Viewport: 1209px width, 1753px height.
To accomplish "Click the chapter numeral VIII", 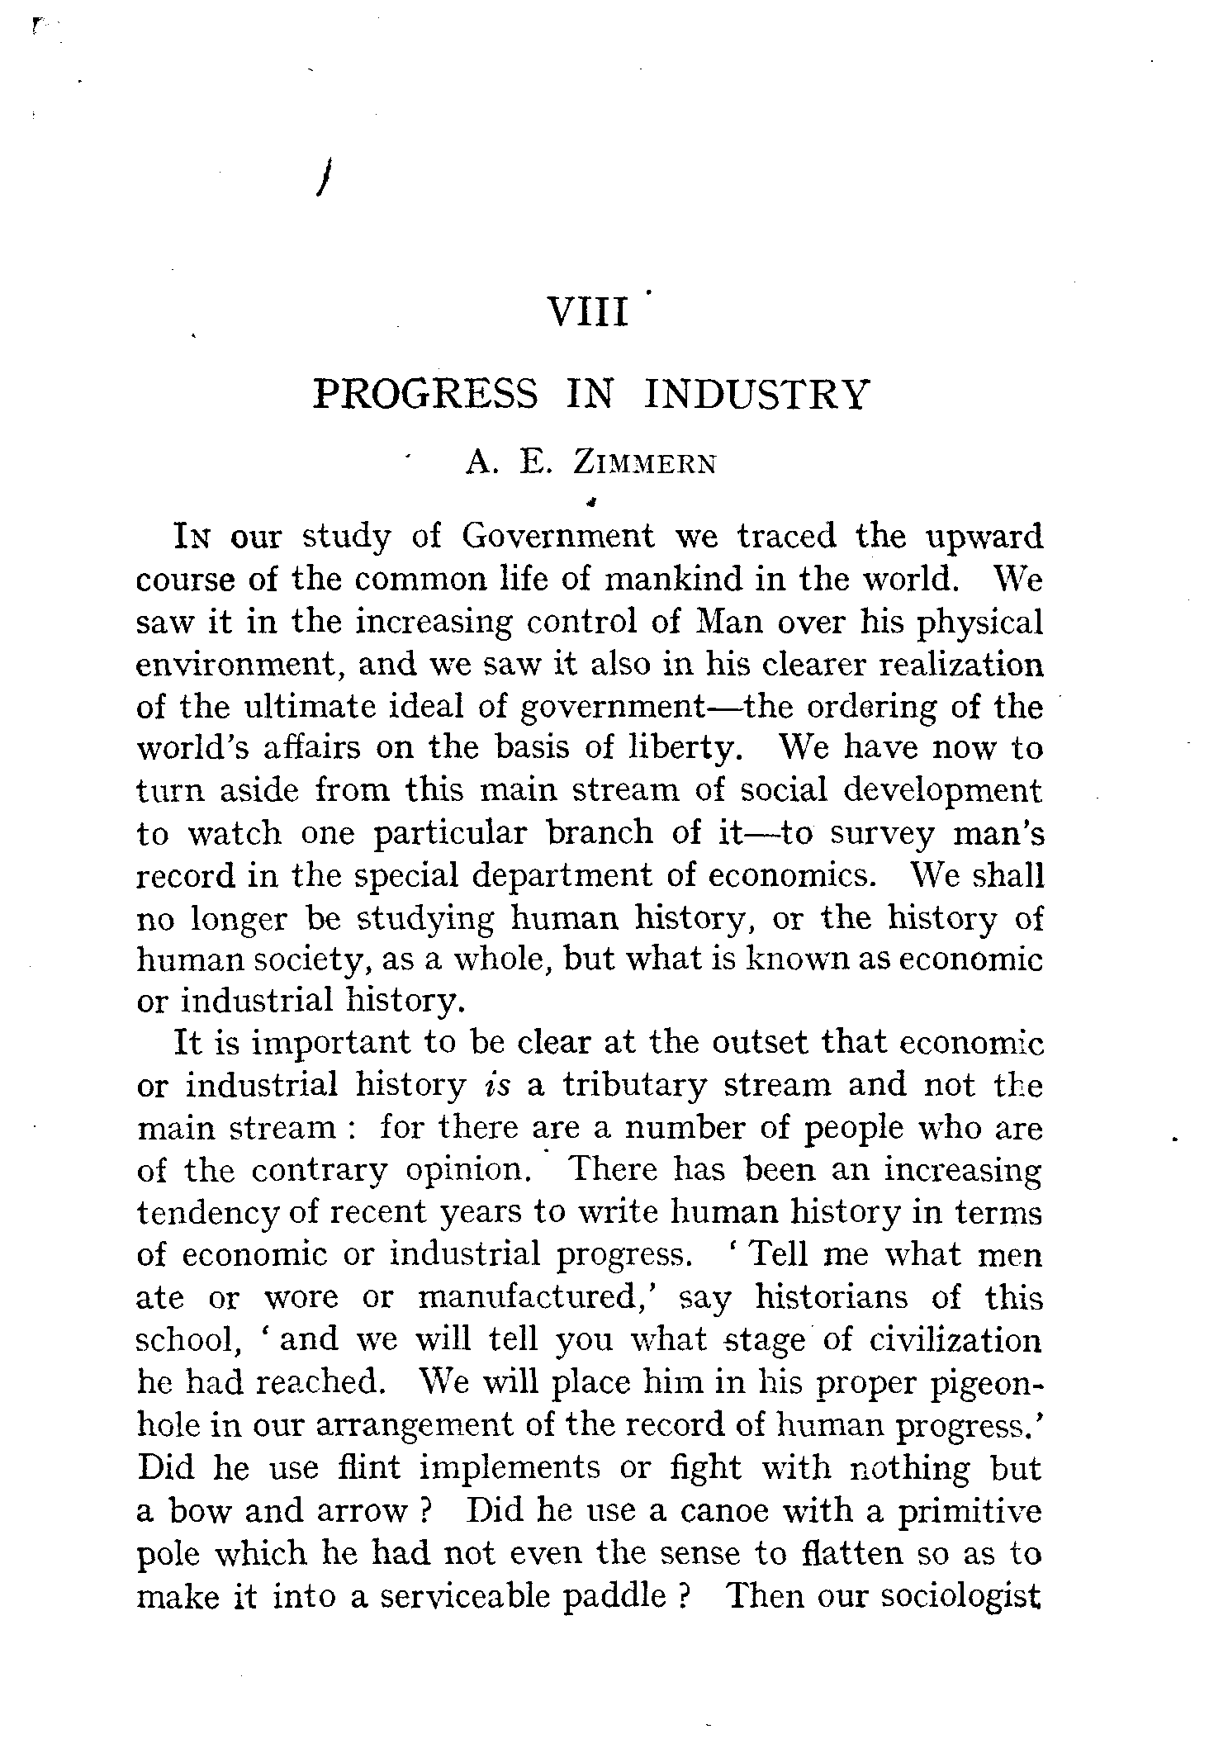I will click(x=588, y=314).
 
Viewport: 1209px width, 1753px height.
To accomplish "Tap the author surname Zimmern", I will click(x=645, y=464).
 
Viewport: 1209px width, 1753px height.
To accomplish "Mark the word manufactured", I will click(x=538, y=1297).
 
